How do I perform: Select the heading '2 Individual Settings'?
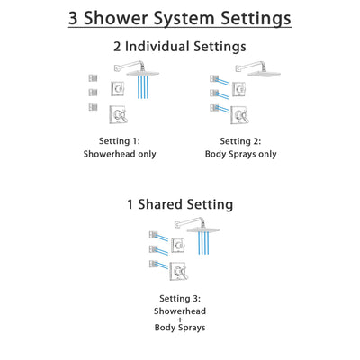pyautogui.click(x=180, y=47)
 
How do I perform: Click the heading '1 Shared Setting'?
pyautogui.click(x=180, y=204)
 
